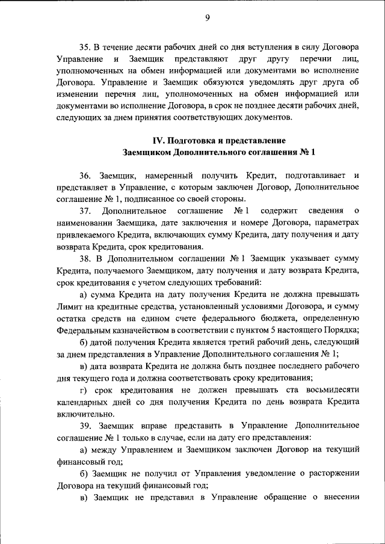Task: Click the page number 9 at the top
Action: pos(206,17)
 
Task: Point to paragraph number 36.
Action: pos(87,176)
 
